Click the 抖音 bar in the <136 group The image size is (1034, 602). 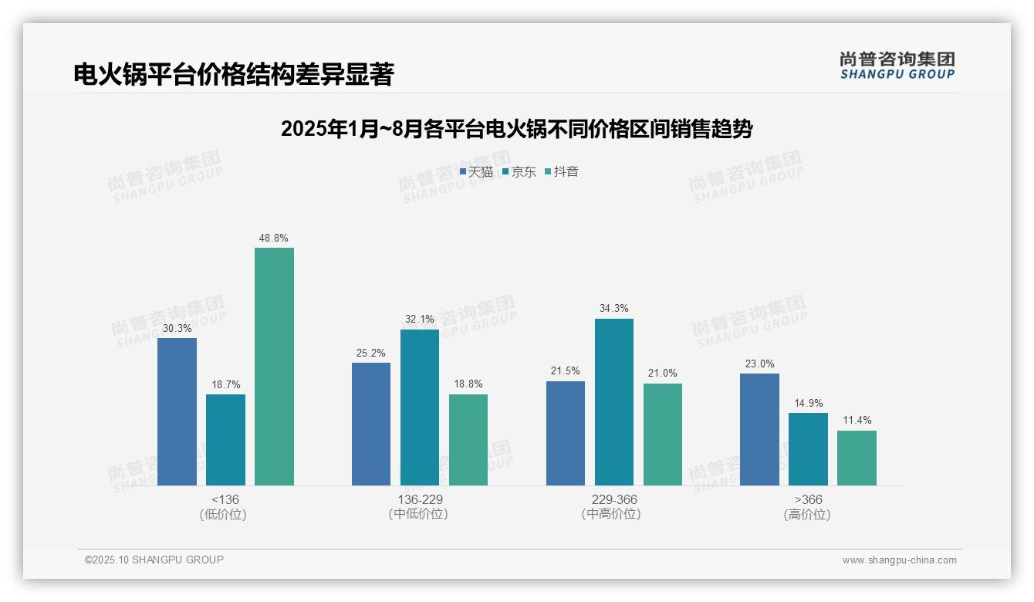click(274, 367)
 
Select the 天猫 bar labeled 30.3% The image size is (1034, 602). click(177, 411)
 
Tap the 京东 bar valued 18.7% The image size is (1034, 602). click(225, 440)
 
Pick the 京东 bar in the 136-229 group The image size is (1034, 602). click(420, 408)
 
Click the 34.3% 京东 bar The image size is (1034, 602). click(614, 402)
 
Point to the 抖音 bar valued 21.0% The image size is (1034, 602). click(663, 435)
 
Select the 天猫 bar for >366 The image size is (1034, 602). click(759, 429)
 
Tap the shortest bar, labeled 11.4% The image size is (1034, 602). click(857, 458)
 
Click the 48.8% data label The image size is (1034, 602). click(274, 238)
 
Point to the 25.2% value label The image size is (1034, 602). click(371, 353)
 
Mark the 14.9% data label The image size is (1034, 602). click(808, 404)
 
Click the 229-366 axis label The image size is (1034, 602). click(614, 500)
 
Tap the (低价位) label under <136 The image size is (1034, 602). click(223, 515)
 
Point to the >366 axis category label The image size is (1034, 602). click(807, 500)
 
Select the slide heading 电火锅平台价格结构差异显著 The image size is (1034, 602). click(234, 75)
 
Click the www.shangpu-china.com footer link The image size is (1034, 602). click(899, 560)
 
